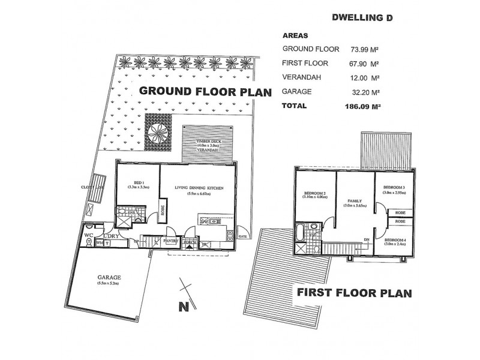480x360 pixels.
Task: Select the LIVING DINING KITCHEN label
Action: point(199,188)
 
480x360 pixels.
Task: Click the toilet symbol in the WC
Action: point(89,244)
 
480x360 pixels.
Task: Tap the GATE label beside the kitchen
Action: point(243,236)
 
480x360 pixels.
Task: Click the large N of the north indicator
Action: point(184,308)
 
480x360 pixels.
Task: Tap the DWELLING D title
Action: point(362,18)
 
